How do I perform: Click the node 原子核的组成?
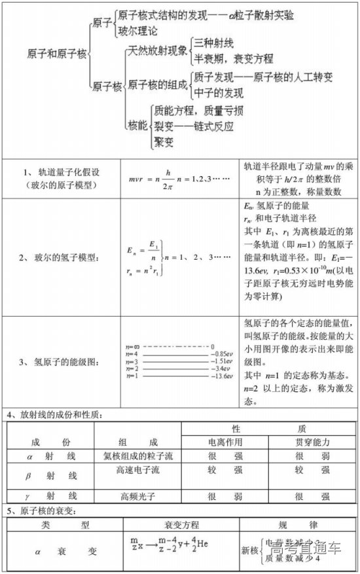pyautogui.click(x=156, y=84)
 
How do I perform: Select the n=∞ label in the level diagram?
pyautogui.click(x=133, y=346)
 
